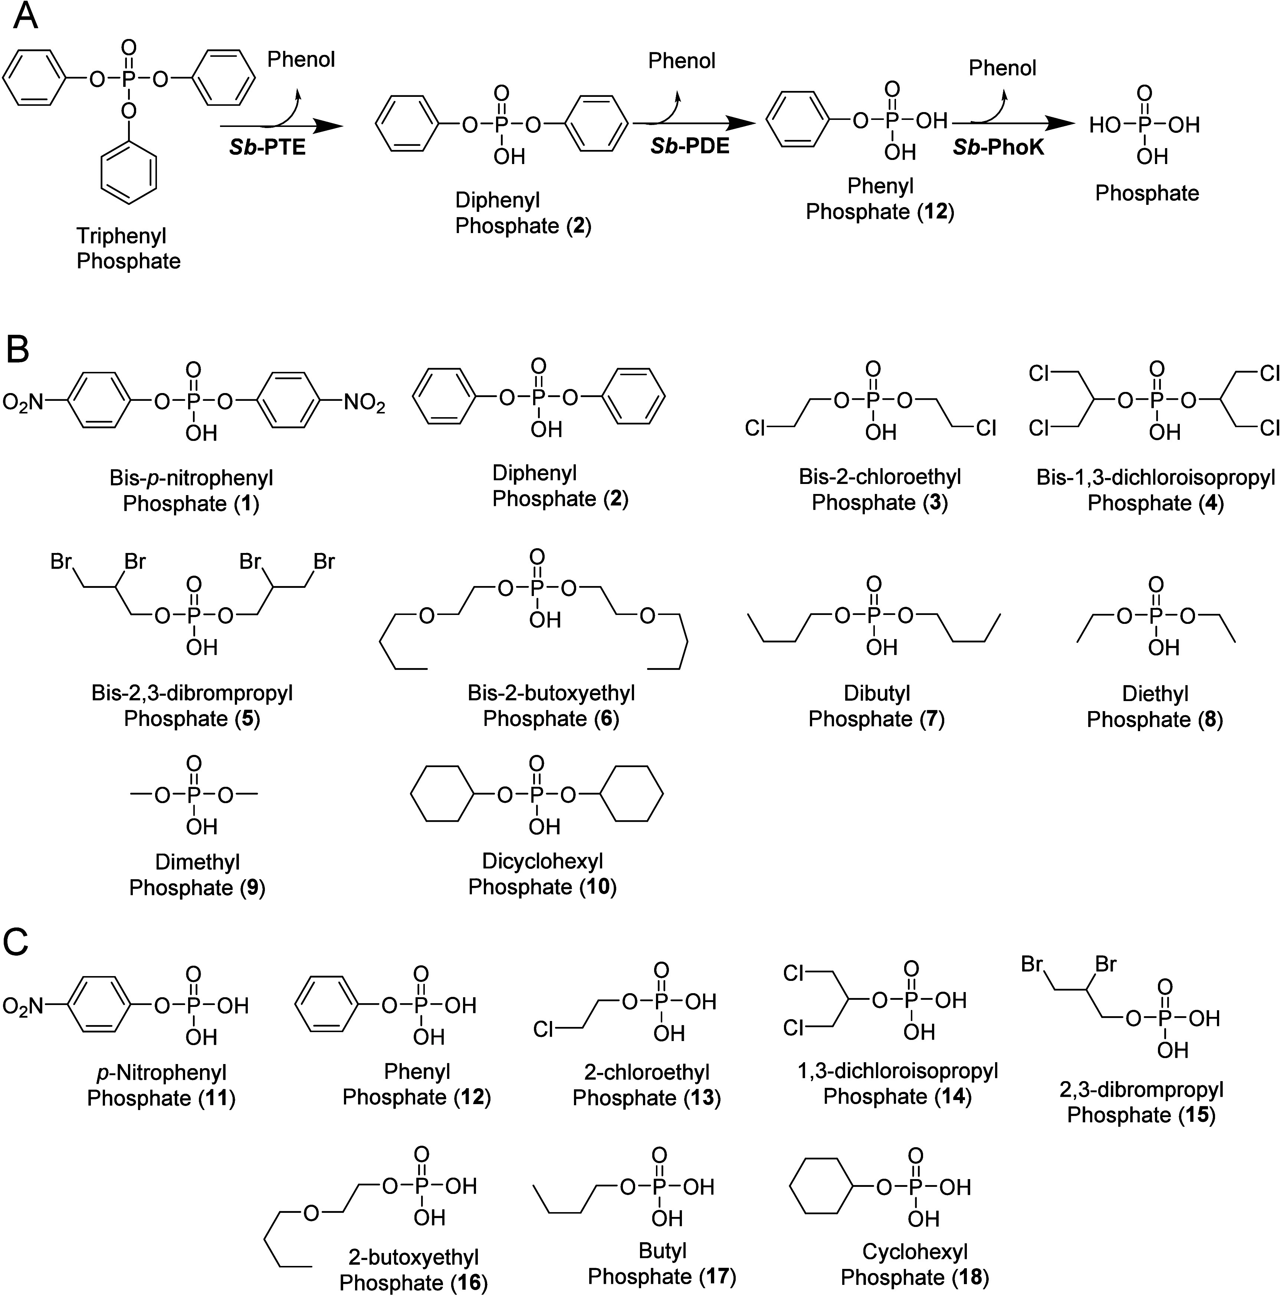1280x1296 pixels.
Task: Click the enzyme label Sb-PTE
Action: coord(267,147)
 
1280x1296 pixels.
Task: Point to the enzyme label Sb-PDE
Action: coord(689,145)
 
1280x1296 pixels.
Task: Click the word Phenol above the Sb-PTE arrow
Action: coord(301,60)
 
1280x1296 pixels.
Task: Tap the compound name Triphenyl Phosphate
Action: coord(128,248)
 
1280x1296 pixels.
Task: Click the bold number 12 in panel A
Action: coord(936,212)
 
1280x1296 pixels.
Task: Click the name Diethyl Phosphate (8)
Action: coord(1155,706)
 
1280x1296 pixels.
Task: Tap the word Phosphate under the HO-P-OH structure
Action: coord(1146,193)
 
